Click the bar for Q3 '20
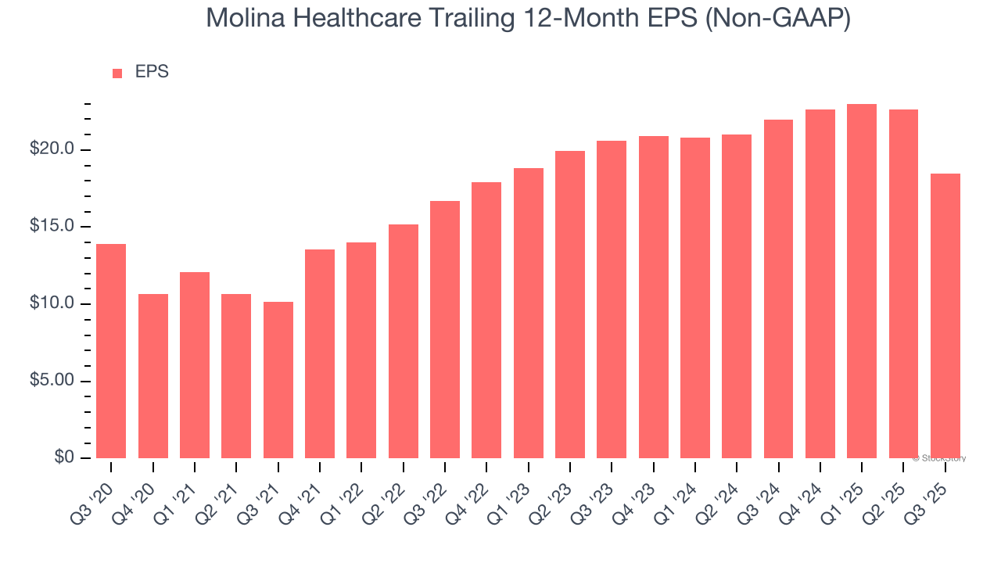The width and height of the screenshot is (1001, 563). click(111, 351)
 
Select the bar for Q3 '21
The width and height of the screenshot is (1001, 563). click(278, 380)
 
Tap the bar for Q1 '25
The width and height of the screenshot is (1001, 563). click(862, 281)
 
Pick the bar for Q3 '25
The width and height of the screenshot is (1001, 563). click(945, 316)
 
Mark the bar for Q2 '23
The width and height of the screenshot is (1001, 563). click(570, 304)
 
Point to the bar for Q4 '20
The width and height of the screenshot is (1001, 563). click(153, 376)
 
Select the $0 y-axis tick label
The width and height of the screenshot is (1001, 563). click(63, 457)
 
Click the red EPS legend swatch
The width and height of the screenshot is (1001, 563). click(117, 73)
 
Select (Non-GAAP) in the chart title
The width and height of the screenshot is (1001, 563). click(778, 19)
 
